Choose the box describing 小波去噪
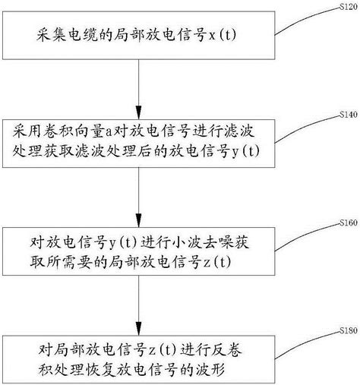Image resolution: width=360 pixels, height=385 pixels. (x=138, y=251)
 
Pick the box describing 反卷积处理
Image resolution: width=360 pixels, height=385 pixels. (x=138, y=358)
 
